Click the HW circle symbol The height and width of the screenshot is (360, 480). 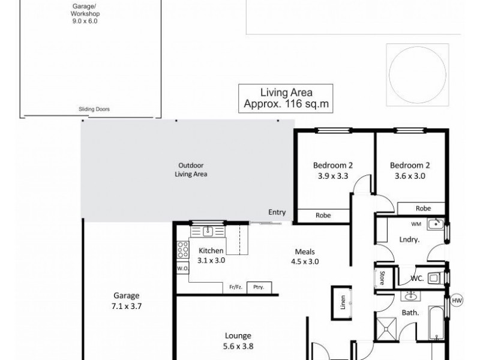[457, 301]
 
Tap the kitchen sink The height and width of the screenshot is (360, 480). [207, 230]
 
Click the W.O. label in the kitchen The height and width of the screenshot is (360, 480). [182, 268]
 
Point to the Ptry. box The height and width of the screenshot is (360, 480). [259, 287]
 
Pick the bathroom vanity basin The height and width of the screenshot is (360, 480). [412, 296]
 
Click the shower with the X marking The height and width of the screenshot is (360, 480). [387, 329]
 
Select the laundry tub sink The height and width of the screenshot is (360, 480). [439, 227]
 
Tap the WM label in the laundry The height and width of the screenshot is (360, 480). [415, 224]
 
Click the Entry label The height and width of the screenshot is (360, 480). [277, 212]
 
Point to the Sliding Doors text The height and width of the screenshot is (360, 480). [94, 109]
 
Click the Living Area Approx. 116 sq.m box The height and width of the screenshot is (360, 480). [286, 97]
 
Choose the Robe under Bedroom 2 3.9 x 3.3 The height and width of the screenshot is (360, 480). [323, 214]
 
